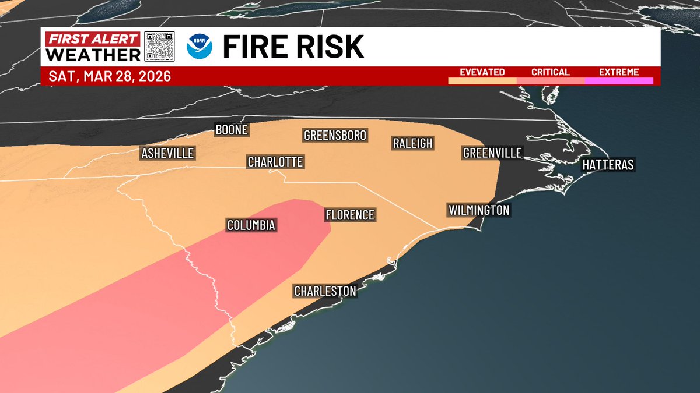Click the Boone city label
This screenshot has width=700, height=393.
pos(232,130)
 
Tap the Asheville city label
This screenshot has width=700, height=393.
pos(167,154)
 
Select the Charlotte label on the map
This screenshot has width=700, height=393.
pos(275,162)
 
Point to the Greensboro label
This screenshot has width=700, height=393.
pos(335,136)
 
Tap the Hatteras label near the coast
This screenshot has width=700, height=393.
pos(608,165)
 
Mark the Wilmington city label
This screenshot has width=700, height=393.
pos(479,210)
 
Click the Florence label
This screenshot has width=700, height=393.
pos(349,215)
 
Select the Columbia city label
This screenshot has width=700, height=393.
pos(251,225)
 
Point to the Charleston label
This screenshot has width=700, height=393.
pos(325,291)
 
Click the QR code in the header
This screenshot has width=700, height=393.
pos(159,47)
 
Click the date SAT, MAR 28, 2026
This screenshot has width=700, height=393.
pos(110,76)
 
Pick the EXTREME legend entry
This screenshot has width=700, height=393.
pos(619,73)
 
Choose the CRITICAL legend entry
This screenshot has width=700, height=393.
pos(550,73)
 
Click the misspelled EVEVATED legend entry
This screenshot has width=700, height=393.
pos(482,73)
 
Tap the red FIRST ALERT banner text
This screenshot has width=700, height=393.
pos(93,40)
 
